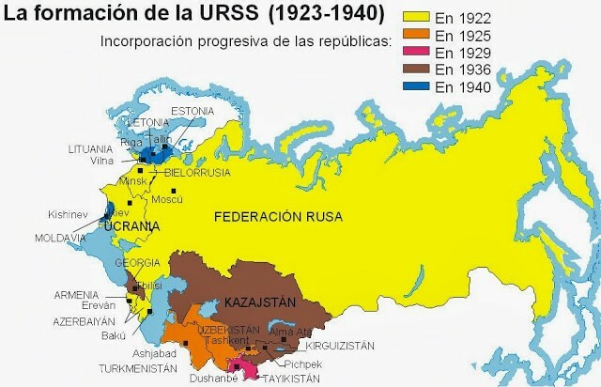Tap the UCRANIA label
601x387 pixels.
coord(131,227)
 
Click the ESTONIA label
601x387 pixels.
coord(193,111)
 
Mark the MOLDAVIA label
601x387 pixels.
coord(61,239)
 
